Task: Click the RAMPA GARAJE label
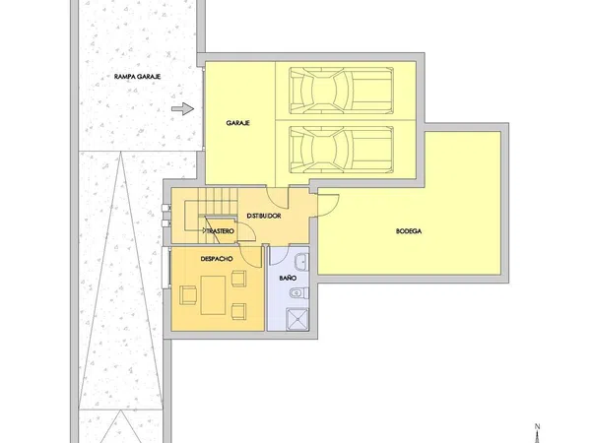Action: coord(137,77)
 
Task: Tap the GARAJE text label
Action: coord(237,123)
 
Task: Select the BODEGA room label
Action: coord(409,231)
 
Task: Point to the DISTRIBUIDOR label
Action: coord(264,216)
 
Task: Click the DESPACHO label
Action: coord(217,259)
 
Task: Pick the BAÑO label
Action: coord(288,278)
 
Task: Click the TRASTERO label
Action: coord(220,231)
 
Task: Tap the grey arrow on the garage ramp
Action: coord(183,109)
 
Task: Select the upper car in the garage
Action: coord(342,91)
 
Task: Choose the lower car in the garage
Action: coord(342,150)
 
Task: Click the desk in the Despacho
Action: coord(213,295)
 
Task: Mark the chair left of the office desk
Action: coord(188,295)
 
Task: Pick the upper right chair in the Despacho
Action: coord(238,279)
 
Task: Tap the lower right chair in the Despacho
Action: coord(238,311)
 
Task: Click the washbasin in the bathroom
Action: coord(302,262)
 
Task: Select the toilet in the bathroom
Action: coord(299,292)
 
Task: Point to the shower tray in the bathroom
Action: coord(297,319)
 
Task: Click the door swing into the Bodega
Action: coord(329,206)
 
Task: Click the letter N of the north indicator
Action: coord(538,427)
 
